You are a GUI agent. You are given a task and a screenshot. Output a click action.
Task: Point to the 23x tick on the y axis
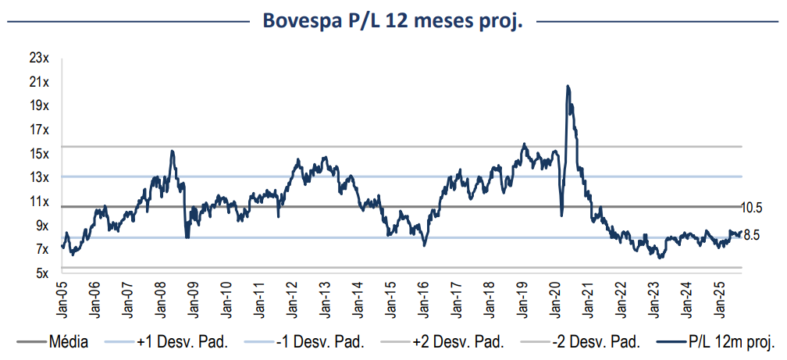tap(39, 58)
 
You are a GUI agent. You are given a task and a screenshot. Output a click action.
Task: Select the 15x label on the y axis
tap(39, 153)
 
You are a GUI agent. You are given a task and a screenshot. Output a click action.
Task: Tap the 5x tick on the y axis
tap(42, 273)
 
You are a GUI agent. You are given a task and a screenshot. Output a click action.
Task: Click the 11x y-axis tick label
tap(39, 201)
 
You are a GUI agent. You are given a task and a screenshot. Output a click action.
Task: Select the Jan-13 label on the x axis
tap(322, 298)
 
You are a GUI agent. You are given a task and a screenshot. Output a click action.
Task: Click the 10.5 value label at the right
tap(751, 207)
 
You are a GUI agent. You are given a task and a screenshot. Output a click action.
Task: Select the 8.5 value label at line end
tap(752, 234)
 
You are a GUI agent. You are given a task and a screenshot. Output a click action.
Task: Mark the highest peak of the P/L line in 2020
tap(567, 86)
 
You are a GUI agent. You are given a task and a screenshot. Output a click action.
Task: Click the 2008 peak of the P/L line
tap(172, 151)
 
